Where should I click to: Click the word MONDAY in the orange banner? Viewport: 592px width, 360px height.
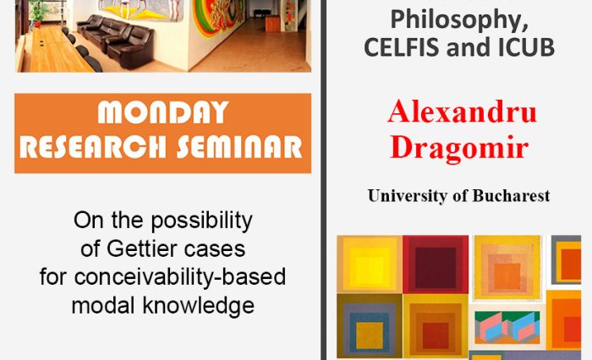pos(163,112)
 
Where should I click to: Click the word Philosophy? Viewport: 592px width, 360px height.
pos(459,17)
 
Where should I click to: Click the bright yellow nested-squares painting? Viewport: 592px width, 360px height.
pos(369,264)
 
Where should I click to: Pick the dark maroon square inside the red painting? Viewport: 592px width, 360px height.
pos(435,263)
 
